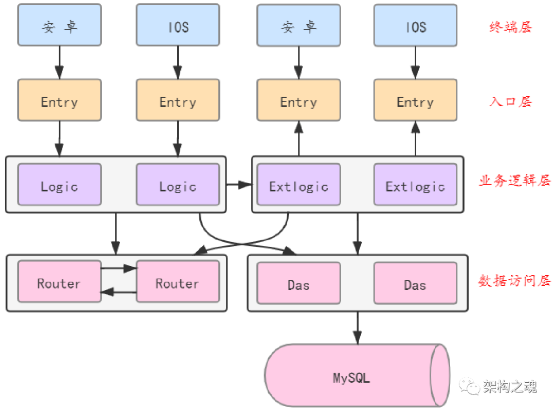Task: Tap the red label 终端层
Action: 510,27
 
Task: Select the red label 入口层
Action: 510,101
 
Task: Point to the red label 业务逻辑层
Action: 514,181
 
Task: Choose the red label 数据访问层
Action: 514,281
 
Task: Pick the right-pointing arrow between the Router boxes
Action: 119,268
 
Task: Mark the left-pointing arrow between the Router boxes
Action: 119,292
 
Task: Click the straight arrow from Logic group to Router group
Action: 116,233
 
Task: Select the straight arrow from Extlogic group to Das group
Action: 358,233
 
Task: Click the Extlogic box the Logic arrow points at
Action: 298,184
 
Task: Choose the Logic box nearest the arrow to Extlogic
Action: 177,184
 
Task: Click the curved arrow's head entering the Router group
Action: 199,250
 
